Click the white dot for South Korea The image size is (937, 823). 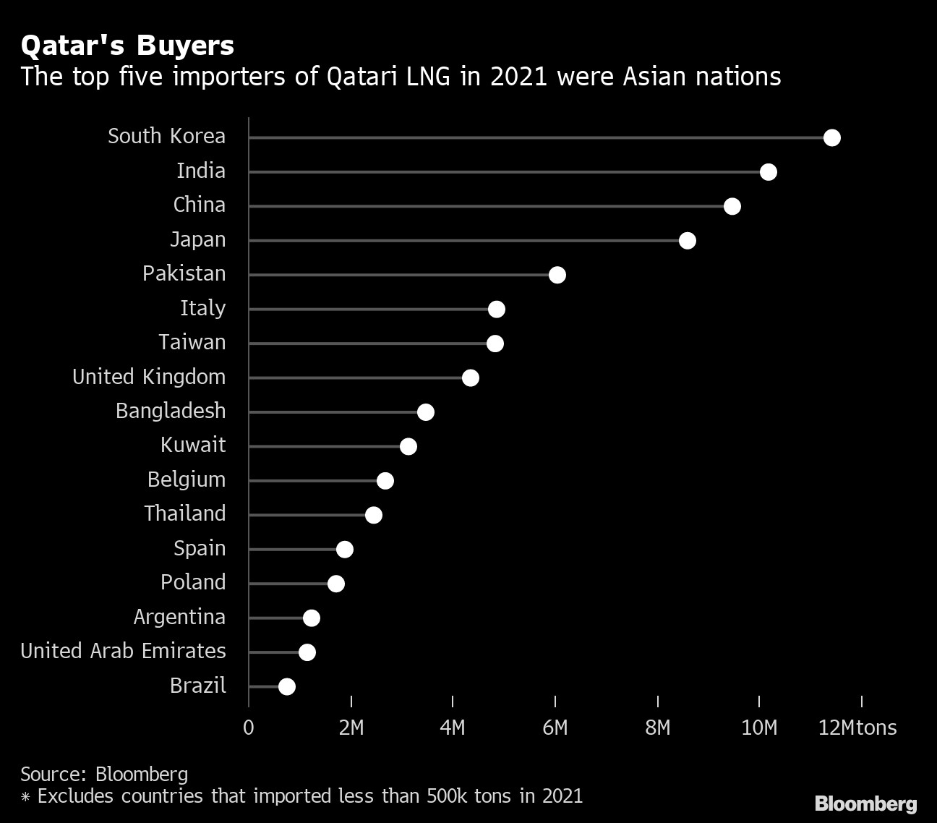(x=831, y=137)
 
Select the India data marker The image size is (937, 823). (x=768, y=172)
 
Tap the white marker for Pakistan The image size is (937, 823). (x=557, y=275)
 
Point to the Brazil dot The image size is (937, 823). (x=287, y=686)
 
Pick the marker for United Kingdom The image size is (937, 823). (x=470, y=378)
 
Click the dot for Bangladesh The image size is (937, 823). (x=425, y=412)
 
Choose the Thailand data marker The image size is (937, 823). (x=373, y=515)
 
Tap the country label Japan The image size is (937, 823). (x=197, y=239)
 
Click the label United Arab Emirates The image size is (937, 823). (x=123, y=651)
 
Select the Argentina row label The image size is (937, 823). (x=179, y=617)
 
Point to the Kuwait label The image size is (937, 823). (x=193, y=445)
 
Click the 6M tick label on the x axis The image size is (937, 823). (x=555, y=728)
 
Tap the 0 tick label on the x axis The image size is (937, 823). (x=249, y=728)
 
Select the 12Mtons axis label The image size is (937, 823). (x=857, y=728)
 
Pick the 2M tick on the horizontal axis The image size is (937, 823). (x=351, y=728)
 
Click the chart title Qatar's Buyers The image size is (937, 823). (x=127, y=46)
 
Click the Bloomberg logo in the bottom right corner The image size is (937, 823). (x=865, y=803)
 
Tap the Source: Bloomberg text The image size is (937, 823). (x=104, y=774)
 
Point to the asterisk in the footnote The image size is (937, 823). (x=25, y=798)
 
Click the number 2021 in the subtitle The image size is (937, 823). (x=518, y=76)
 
